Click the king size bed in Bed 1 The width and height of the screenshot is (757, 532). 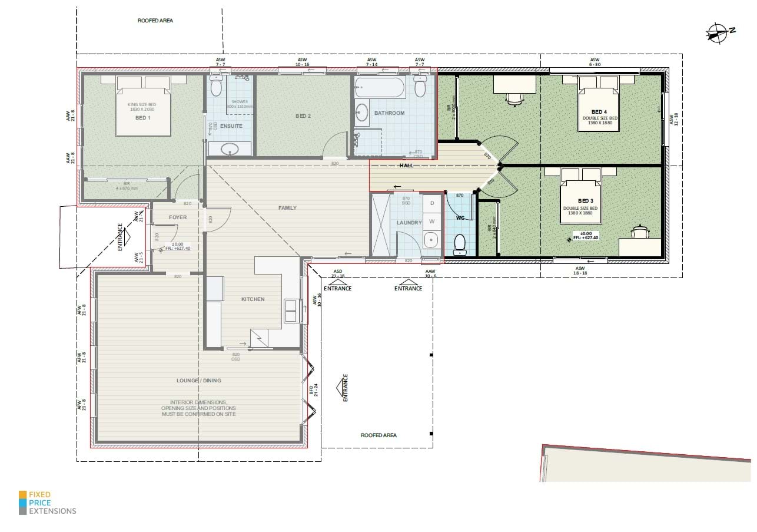click(x=144, y=111)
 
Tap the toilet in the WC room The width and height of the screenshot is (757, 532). click(x=460, y=244)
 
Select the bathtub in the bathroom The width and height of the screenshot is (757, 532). click(x=380, y=90)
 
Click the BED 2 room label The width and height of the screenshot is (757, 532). click(x=303, y=116)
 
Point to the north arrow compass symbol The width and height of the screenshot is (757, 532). click(x=719, y=33)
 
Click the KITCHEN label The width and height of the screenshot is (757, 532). click(x=253, y=299)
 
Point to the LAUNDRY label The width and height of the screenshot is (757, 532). click(x=410, y=223)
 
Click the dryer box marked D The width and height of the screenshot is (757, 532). click(x=432, y=203)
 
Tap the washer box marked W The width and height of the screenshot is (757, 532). click(x=432, y=222)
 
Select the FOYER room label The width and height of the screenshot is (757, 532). click(x=178, y=217)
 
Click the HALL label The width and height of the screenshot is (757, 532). click(x=406, y=166)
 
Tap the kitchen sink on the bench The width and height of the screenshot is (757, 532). click(x=291, y=310)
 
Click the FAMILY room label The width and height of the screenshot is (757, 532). click(x=287, y=207)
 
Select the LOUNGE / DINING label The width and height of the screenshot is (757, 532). click(x=199, y=381)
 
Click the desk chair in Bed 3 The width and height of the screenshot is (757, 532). click(x=640, y=231)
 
